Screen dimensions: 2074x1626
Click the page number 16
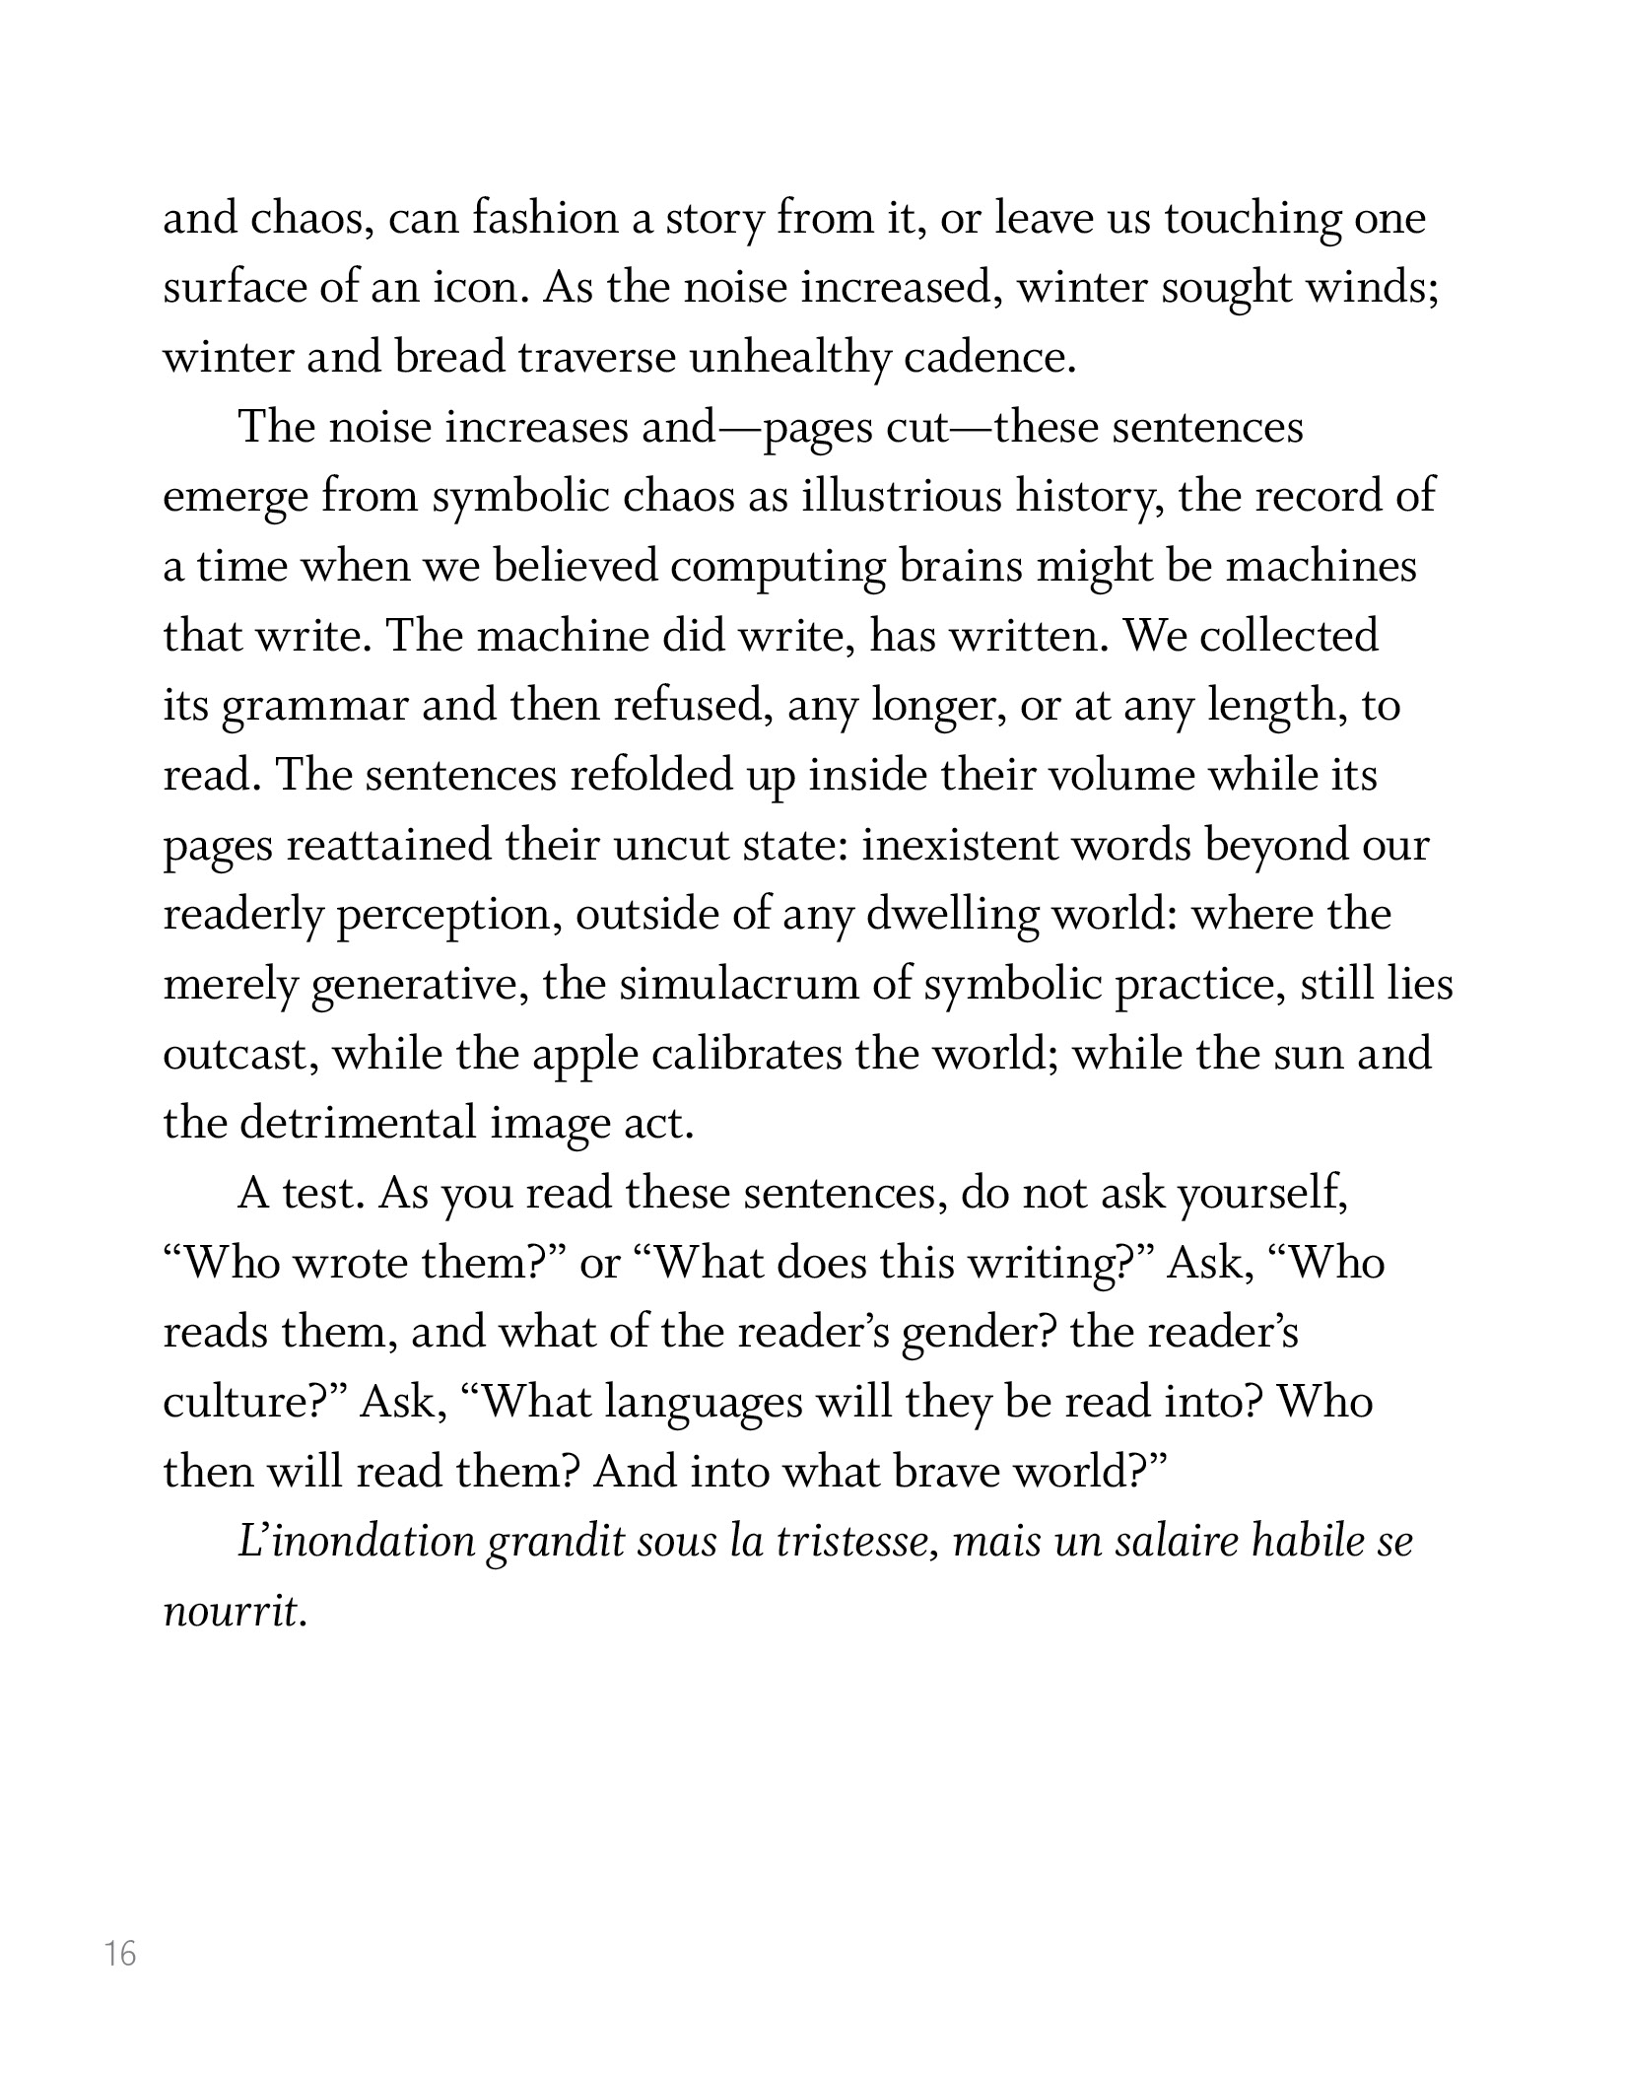pos(121,1954)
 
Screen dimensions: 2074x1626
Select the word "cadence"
pos(985,358)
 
